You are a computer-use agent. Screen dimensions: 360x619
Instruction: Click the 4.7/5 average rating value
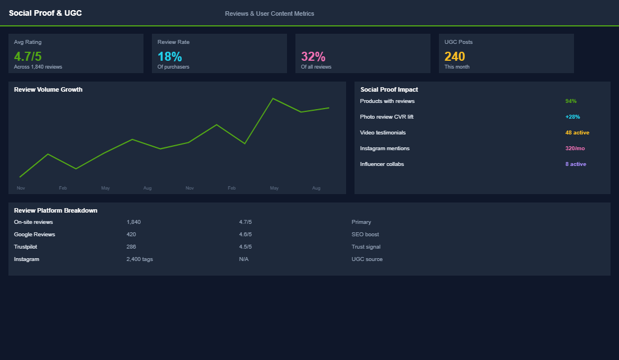pyautogui.click(x=28, y=56)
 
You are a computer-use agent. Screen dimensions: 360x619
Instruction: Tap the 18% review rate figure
pyautogui.click(x=169, y=56)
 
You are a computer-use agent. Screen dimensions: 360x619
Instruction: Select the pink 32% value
pyautogui.click(x=313, y=56)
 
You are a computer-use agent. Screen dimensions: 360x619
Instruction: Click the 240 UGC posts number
pyautogui.click(x=455, y=56)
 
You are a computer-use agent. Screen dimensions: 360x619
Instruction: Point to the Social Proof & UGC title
pyautogui.click(x=45, y=13)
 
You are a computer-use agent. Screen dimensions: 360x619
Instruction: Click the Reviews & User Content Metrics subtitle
pyautogui.click(x=270, y=13)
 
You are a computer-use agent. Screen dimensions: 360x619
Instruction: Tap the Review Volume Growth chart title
pyautogui.click(x=48, y=89)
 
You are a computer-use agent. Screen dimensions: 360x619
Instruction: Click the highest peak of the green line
pyautogui.click(x=273, y=98)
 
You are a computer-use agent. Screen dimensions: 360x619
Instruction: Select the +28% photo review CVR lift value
pyautogui.click(x=572, y=117)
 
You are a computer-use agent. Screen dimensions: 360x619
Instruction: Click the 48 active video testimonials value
pyautogui.click(x=577, y=133)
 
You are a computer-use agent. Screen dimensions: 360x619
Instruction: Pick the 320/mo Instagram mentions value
pyautogui.click(x=575, y=148)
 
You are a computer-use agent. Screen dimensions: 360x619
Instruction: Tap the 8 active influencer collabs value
pyautogui.click(x=576, y=164)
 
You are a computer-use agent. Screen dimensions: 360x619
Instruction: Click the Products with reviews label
pyautogui.click(x=387, y=101)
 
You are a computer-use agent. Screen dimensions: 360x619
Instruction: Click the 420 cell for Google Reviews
pyautogui.click(x=131, y=235)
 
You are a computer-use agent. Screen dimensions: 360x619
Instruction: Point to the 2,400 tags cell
pyautogui.click(x=140, y=259)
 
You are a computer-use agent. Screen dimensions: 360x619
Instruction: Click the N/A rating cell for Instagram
pyautogui.click(x=244, y=259)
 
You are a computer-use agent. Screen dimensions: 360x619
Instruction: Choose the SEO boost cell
pyautogui.click(x=365, y=235)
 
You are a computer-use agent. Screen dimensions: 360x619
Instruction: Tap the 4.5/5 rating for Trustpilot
pyautogui.click(x=245, y=247)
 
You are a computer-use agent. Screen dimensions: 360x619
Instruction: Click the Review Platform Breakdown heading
pyautogui.click(x=56, y=210)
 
